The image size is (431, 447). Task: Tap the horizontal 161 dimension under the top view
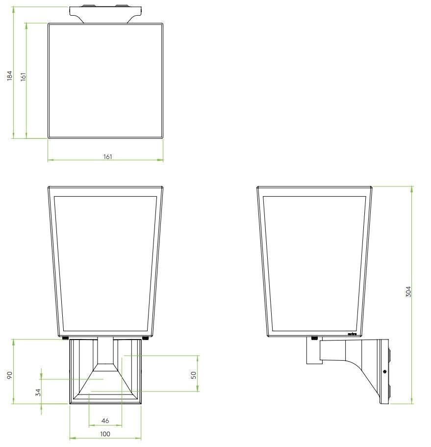tap(107, 156)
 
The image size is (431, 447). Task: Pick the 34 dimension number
tap(38, 393)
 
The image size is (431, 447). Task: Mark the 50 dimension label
tap(194, 375)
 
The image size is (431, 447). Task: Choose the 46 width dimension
tap(105, 421)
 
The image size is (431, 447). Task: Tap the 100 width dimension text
tap(105, 434)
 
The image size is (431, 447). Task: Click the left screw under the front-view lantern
tap(65, 338)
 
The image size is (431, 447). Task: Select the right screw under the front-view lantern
tap(145, 338)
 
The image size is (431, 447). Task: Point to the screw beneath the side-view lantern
tap(314, 338)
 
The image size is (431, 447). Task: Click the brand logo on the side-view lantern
tap(352, 334)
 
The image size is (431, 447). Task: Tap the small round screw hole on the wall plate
tap(384, 371)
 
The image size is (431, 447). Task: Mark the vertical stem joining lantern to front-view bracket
tap(105, 351)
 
